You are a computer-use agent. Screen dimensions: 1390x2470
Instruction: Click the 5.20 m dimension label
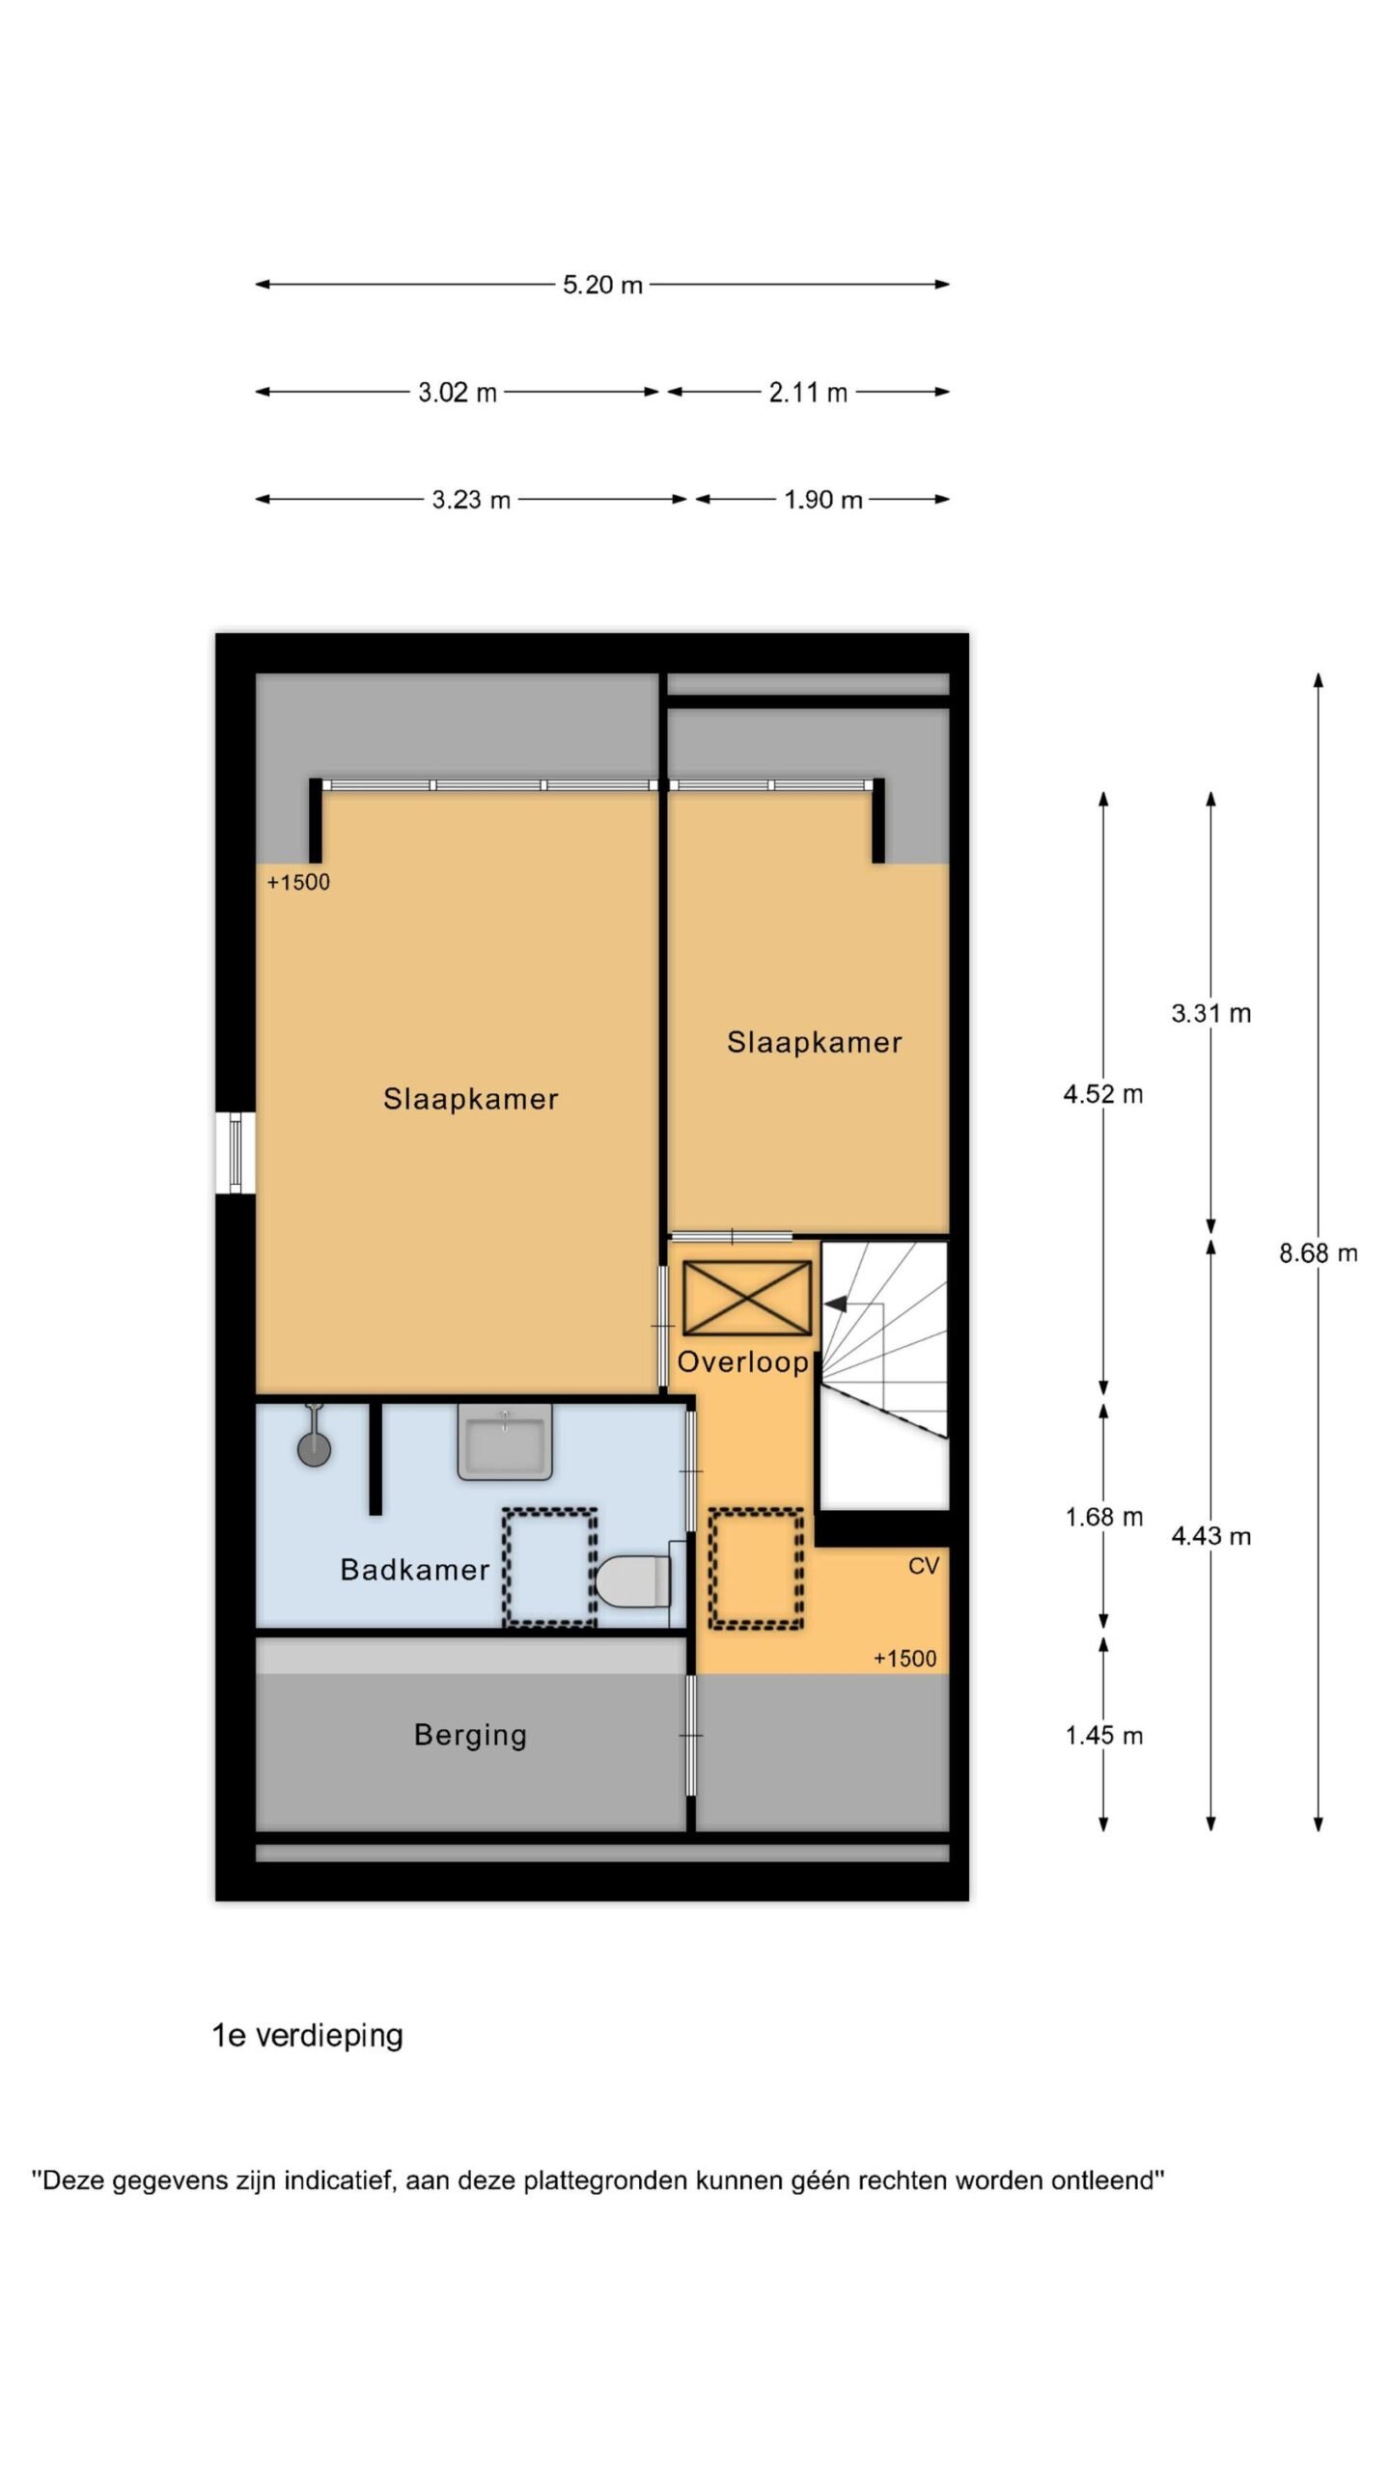(x=602, y=285)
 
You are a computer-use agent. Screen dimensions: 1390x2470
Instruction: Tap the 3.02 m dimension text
(x=458, y=393)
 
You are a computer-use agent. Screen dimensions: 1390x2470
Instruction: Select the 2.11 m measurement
(x=808, y=393)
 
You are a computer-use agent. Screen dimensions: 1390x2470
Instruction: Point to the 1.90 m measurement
(x=822, y=500)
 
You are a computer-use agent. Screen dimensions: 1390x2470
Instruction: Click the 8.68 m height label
(x=1319, y=1253)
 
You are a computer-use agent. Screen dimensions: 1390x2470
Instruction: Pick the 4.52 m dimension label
(x=1103, y=1094)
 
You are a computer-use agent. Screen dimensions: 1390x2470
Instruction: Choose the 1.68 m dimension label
(x=1103, y=1518)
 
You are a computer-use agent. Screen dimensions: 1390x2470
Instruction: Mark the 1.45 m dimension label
(x=1103, y=1736)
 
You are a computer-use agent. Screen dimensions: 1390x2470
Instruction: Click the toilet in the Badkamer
(x=633, y=1579)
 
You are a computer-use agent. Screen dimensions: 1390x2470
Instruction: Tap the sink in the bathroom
(x=505, y=1441)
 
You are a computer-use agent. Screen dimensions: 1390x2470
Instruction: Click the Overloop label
(x=742, y=1361)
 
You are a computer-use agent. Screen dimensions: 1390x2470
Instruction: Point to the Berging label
(x=470, y=1736)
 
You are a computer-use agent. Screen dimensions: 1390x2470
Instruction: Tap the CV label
(x=924, y=1566)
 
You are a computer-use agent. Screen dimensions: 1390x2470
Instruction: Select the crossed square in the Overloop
(x=747, y=1299)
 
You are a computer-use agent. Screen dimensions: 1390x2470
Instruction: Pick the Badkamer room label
(x=415, y=1570)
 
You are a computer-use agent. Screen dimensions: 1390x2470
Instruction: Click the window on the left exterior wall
(x=235, y=1153)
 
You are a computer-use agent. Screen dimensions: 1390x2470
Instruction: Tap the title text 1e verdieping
(x=307, y=2036)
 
